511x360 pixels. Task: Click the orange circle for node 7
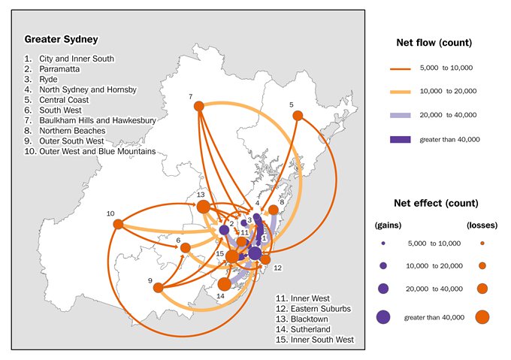tap(199, 106)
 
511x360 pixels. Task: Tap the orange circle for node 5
tap(298, 115)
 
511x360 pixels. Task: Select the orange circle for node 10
tap(117, 223)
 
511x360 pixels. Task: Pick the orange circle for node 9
tap(158, 287)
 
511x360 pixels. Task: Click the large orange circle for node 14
tap(224, 283)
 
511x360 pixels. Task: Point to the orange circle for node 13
tap(203, 205)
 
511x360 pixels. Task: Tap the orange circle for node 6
tap(185, 246)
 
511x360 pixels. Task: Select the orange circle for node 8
tap(274, 212)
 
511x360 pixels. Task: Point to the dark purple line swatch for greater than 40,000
tap(404, 139)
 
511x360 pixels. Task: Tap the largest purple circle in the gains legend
tap(383, 317)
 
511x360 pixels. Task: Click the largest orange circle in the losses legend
tap(481, 317)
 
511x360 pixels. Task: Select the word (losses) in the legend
tap(481, 225)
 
